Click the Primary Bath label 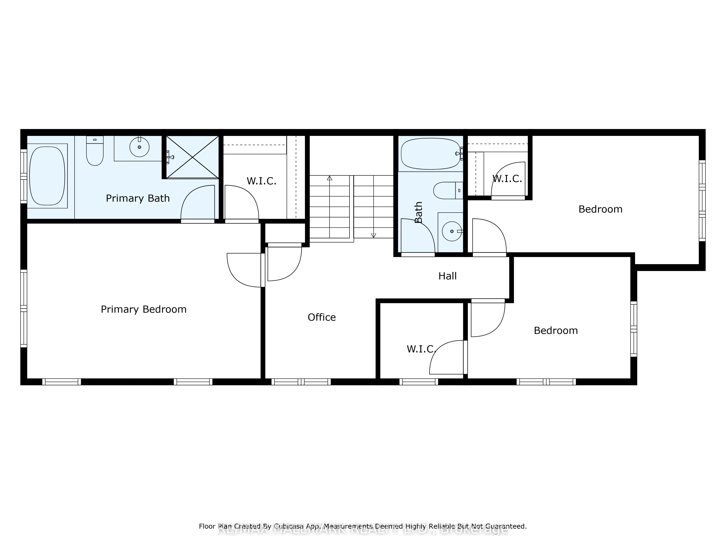(138, 198)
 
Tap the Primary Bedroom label (143, 309)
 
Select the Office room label (322, 317)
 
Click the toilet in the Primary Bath (95, 151)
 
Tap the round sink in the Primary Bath (140, 147)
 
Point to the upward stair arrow (330, 178)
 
